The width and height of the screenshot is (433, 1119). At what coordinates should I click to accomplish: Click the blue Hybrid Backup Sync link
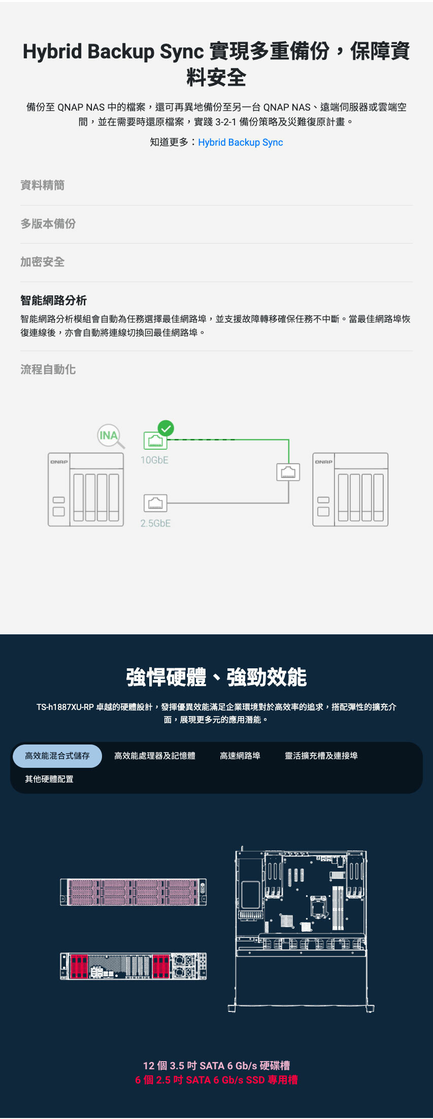click(240, 143)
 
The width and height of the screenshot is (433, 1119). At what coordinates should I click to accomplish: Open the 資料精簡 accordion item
click(43, 185)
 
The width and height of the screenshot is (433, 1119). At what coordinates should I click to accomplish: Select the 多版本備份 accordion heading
click(48, 224)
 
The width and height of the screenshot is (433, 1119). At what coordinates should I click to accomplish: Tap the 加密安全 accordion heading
click(43, 262)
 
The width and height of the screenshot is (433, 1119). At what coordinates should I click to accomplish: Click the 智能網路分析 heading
click(54, 300)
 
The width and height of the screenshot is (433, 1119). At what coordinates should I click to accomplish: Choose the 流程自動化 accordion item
click(48, 369)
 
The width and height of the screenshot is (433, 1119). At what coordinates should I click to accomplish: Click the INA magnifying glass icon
click(110, 436)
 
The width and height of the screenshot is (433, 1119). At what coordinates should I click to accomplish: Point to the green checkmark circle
click(165, 428)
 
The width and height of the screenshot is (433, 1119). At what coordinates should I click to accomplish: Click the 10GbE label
click(154, 460)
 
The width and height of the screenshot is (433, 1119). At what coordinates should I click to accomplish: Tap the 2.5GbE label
click(155, 523)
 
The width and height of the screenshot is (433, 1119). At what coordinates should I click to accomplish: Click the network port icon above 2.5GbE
click(155, 503)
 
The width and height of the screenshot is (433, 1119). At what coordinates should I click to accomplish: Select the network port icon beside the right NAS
click(288, 472)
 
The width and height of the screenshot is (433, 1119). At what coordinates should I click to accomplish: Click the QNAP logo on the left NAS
click(59, 462)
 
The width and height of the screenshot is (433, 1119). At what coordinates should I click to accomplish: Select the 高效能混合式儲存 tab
click(57, 756)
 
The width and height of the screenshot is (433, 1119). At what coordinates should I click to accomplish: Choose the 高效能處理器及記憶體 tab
click(155, 756)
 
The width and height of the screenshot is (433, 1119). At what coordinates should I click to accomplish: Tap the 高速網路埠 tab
click(240, 756)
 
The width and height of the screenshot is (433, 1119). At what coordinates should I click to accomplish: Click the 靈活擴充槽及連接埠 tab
click(321, 756)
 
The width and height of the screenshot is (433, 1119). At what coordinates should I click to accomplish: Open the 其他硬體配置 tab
click(49, 779)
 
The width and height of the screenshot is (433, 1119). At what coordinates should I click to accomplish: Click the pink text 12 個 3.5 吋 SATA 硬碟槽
click(216, 1065)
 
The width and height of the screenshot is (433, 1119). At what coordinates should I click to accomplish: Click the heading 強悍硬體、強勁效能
click(216, 677)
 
